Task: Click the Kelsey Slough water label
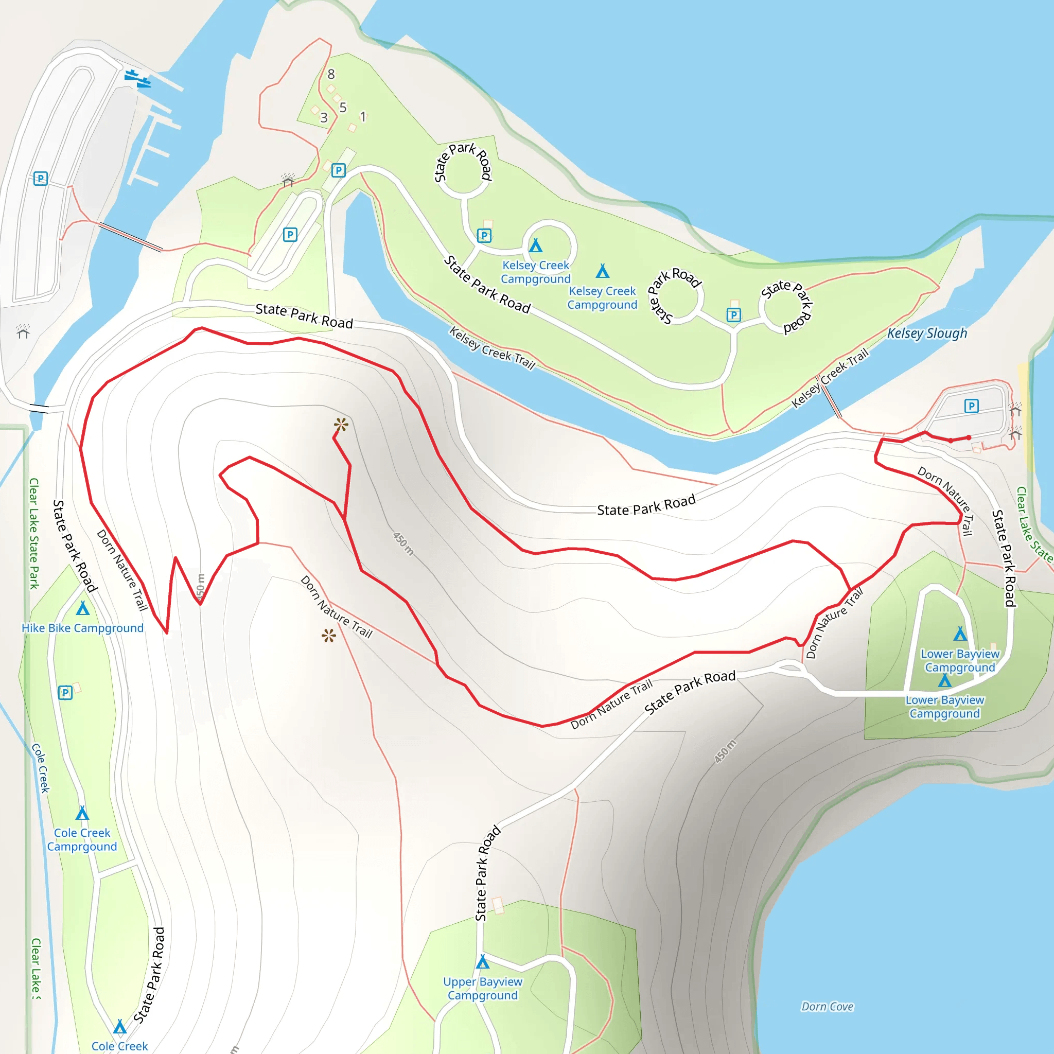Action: tap(926, 333)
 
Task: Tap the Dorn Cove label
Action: tap(827, 1007)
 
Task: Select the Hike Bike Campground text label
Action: tap(82, 628)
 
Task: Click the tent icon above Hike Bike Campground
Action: tap(82, 608)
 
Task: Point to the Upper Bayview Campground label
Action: tap(482, 989)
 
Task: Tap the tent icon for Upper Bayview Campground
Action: tap(482, 961)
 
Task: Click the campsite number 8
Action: tap(331, 74)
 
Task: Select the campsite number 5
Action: tap(343, 108)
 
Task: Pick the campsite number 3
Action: tap(324, 117)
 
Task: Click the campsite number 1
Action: tap(363, 116)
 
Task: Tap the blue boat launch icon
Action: tap(137, 79)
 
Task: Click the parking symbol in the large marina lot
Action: tap(40, 179)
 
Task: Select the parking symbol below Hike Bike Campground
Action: tap(65, 693)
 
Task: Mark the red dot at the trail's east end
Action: tap(969, 437)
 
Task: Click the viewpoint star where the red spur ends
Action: tap(341, 425)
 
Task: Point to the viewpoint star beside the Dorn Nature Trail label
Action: tap(328, 635)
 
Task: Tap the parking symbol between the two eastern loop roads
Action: tap(734, 315)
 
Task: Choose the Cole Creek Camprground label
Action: tap(82, 839)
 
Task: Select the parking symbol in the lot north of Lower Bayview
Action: tap(972, 406)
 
